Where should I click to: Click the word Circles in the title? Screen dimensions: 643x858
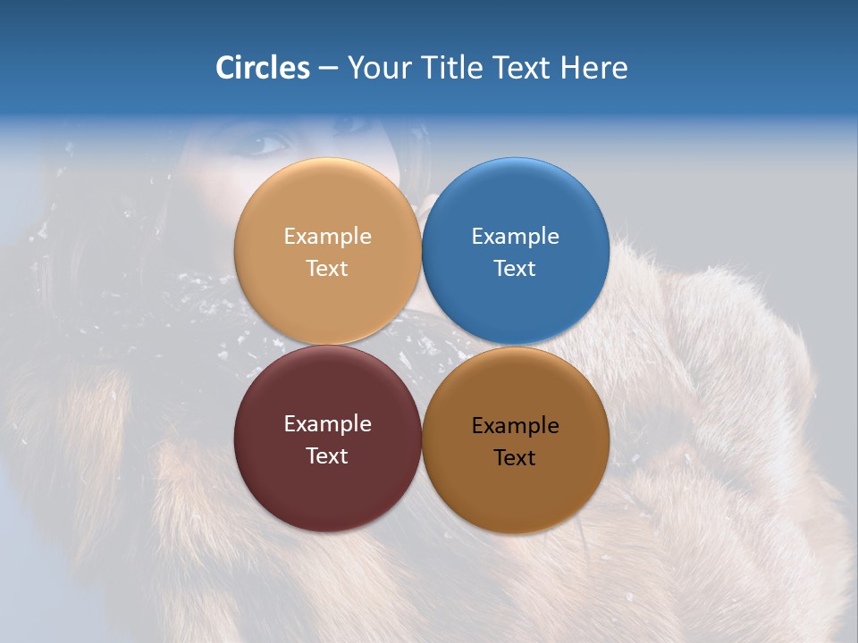coord(263,68)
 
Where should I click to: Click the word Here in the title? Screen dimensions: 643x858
coord(594,68)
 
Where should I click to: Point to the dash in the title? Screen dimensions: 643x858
coord(328,69)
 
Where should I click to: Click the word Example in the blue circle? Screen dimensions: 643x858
coord(516,237)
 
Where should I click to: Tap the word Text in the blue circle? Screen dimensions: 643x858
coord(516,269)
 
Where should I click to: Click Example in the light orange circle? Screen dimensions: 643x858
coord(327,237)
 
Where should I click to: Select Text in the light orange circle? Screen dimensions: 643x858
coord(327,269)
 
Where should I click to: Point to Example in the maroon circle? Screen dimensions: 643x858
coord(327,424)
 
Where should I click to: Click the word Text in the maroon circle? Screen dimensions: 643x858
coord(327,456)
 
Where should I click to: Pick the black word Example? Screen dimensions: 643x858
coord(516,426)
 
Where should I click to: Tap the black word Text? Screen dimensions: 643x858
coord(516,458)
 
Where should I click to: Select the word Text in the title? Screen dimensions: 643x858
coord(522,68)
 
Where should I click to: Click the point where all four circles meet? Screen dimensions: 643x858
coord(422,346)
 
